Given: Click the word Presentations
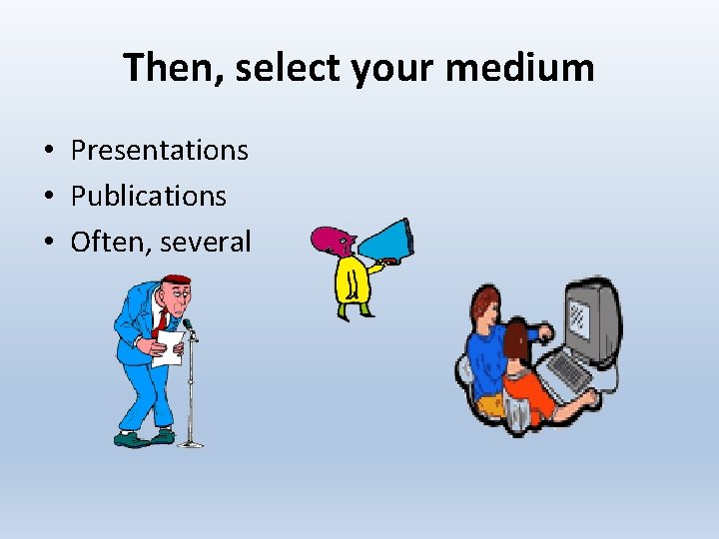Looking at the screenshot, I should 159,150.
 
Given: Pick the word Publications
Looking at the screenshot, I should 148,196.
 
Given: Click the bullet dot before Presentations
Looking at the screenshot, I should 48,151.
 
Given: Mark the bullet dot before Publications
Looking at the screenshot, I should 48,197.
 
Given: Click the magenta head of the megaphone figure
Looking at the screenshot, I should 331,241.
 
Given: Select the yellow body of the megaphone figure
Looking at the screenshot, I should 351,280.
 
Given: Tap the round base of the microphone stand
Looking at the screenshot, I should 190,442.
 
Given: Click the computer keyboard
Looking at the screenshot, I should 569,371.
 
